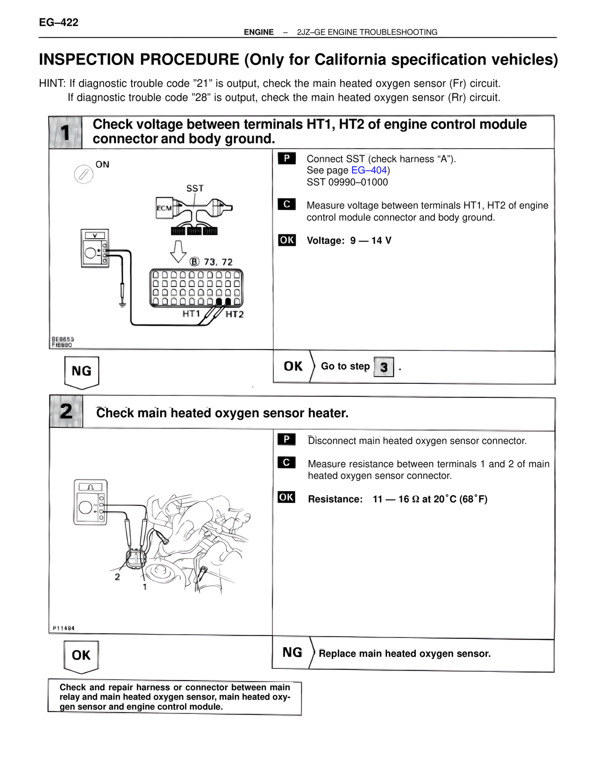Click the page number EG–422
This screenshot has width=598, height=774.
pos(58,22)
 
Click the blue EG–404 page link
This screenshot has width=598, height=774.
pos(369,171)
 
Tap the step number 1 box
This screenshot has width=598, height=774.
pos(65,133)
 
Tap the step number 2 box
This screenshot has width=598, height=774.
pos(66,411)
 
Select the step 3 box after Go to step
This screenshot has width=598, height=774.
pos(384,367)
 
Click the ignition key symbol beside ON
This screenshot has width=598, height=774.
pos(84,175)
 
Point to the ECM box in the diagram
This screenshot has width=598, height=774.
pos(164,208)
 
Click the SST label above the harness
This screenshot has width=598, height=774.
pos(195,188)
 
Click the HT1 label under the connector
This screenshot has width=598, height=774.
pos(191,314)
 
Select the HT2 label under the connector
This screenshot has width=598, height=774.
pos(235,315)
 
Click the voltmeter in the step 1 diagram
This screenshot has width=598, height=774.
pos(95,248)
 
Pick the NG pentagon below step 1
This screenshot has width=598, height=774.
pos(81,372)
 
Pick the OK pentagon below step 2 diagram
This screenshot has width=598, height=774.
pos(81,656)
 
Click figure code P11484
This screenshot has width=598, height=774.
pos(64,628)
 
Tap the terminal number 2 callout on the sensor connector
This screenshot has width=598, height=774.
pos(117,577)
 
